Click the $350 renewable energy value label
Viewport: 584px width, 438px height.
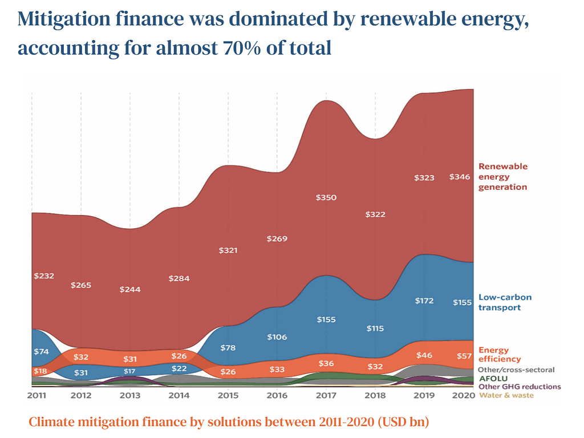[326, 198]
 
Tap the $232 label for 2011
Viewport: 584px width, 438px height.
[44, 276]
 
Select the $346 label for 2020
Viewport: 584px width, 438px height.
[461, 177]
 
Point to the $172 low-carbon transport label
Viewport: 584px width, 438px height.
[424, 301]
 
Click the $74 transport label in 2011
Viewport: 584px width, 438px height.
[41, 352]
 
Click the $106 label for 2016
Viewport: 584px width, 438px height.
[277, 337]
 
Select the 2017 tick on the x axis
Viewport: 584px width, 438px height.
[326, 395]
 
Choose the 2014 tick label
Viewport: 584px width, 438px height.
[179, 395]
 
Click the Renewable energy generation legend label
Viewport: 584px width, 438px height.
[502, 176]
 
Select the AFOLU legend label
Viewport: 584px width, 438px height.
[490, 378]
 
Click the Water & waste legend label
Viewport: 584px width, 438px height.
[506, 395]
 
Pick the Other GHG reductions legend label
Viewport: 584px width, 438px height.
[520, 387]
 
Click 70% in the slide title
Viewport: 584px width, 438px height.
[242, 48]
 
